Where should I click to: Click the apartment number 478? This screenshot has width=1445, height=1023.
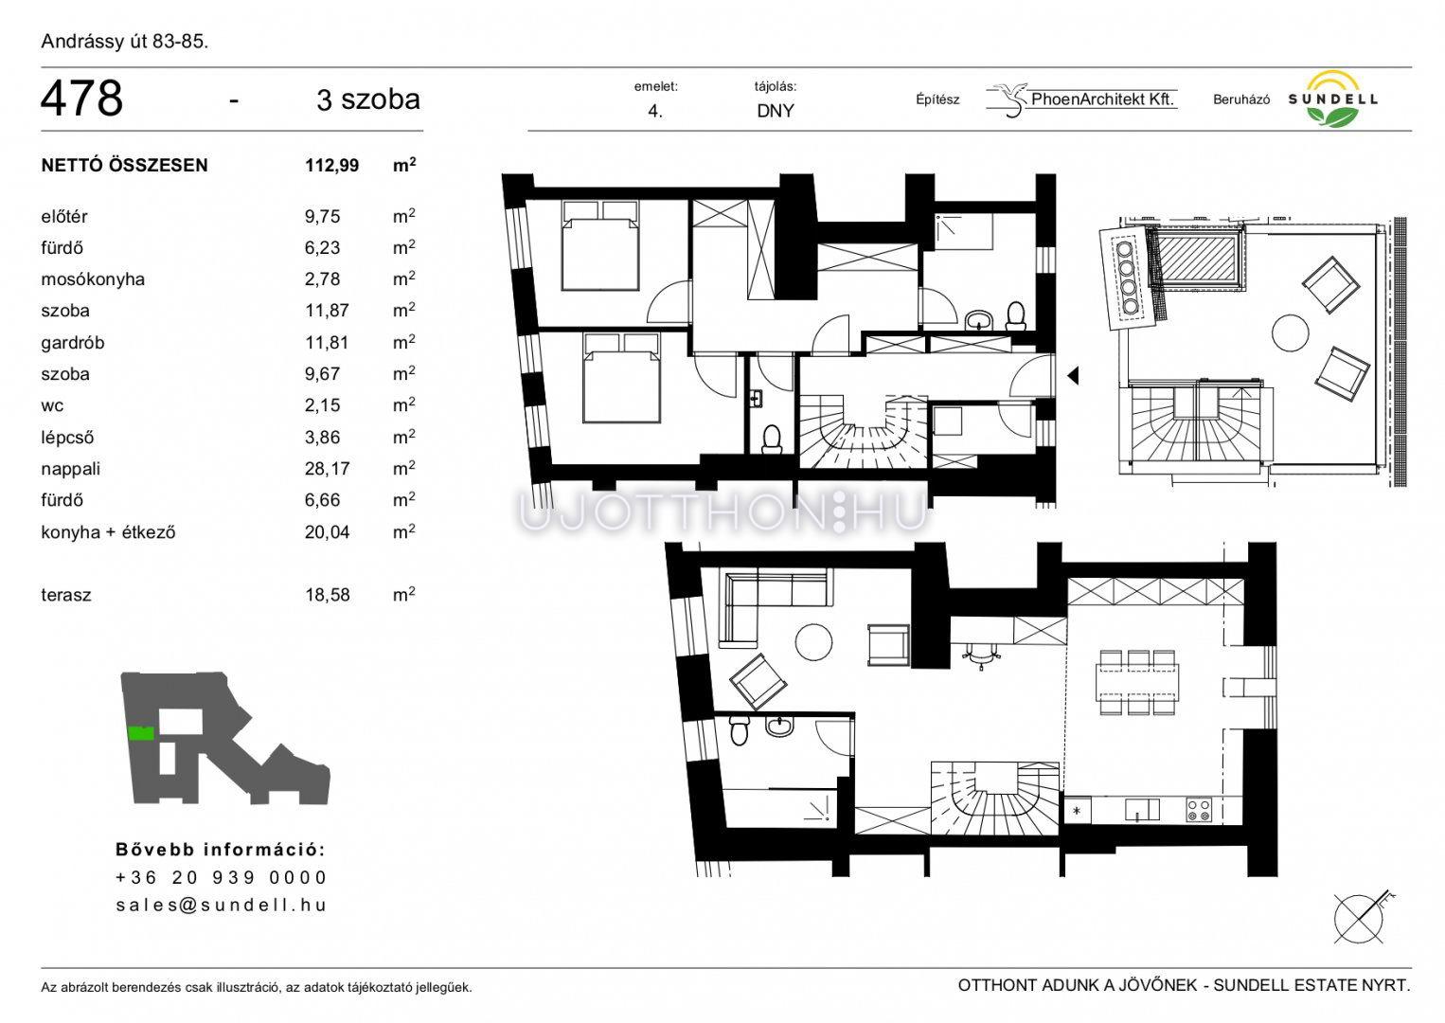pos(81,99)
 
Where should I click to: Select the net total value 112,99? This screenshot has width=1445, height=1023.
pos(331,166)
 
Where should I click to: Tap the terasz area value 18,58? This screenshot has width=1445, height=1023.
pos(327,595)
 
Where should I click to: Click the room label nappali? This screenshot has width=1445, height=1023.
pos(70,469)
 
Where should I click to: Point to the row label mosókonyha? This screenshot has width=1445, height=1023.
pos(92,279)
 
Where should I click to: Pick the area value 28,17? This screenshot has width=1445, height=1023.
pos(327,469)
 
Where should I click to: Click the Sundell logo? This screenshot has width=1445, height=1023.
pos(1332,99)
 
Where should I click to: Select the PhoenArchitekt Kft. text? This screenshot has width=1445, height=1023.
pos(1102,99)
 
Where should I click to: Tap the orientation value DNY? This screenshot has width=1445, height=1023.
pos(776,111)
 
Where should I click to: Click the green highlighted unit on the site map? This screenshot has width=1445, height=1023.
pos(141,733)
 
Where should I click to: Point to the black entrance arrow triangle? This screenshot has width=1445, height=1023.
pos(1073,375)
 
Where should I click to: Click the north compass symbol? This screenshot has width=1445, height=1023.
pos(1361,919)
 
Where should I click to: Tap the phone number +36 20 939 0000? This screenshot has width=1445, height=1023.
pos(222,878)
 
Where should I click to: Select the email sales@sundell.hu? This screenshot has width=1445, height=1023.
pos(222,905)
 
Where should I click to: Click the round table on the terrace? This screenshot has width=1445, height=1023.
pos(1290,333)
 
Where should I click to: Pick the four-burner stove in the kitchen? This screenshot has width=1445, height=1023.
pos(1199,810)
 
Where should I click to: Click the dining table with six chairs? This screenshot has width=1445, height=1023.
pos(1138,682)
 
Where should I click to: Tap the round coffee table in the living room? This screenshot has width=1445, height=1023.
pos(813,642)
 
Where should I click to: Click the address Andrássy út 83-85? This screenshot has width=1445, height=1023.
pos(124,42)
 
